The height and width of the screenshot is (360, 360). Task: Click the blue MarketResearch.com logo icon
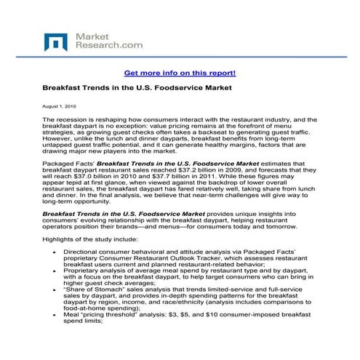[x=55, y=41]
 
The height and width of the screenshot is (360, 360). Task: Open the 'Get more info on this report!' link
[x=179, y=73]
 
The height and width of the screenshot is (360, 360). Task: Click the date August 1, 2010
[x=60, y=106]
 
